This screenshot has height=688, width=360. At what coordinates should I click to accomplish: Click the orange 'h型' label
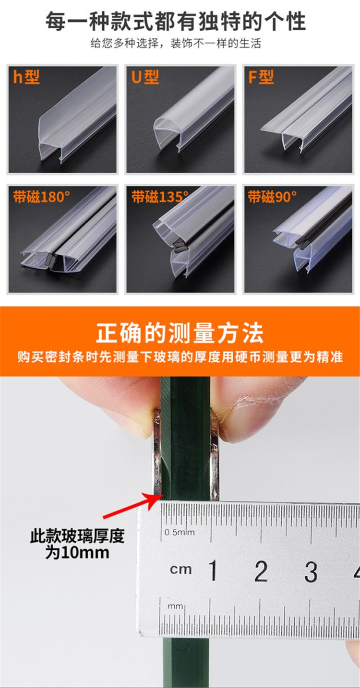[x=26, y=77]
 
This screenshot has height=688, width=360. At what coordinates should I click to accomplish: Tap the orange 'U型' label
[x=145, y=77]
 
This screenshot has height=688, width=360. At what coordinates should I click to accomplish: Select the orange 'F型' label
[x=261, y=77]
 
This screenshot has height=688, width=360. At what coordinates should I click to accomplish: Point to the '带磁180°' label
[x=41, y=197]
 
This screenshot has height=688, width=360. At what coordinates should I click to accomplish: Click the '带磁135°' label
[x=160, y=197]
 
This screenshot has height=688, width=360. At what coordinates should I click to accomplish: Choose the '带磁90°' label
[x=272, y=197]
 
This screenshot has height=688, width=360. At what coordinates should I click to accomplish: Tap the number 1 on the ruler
[x=213, y=570]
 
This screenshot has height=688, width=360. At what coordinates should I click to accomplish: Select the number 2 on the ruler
[x=261, y=570]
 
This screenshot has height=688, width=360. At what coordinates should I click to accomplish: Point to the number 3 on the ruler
[x=311, y=571]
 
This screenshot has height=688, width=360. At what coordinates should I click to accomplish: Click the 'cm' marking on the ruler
[x=181, y=570]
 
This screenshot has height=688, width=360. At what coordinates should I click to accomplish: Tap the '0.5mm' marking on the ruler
[x=180, y=532]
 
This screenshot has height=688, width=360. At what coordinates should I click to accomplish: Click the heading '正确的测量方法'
[x=180, y=333]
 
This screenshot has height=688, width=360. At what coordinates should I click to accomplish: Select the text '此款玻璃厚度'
[x=77, y=536]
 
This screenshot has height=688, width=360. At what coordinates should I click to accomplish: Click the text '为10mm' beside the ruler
[x=77, y=552]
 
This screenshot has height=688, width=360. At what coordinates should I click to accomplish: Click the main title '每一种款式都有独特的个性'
[x=175, y=22]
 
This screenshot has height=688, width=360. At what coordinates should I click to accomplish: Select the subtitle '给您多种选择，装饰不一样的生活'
[x=176, y=43]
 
